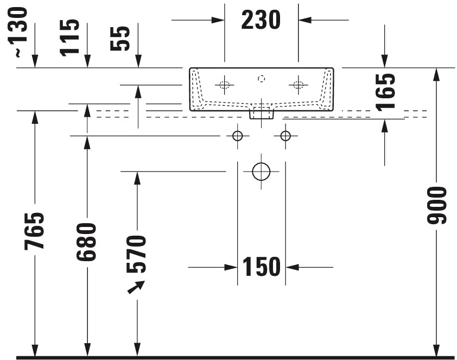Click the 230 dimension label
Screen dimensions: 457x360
[261, 20]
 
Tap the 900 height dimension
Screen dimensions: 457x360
[436, 205]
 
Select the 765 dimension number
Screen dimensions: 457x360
[34, 231]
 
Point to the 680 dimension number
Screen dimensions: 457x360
[86, 242]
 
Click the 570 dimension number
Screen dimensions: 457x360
[136, 254]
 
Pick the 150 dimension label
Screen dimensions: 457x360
[262, 267]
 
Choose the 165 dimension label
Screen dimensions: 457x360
[385, 92]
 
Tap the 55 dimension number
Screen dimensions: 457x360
[120, 39]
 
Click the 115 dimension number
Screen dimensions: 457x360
[69, 37]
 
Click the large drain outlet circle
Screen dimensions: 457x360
[261, 172]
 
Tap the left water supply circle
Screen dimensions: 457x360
[238, 136]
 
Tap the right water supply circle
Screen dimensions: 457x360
[285, 136]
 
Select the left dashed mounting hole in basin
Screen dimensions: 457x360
[224, 85]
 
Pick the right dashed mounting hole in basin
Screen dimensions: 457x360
[298, 85]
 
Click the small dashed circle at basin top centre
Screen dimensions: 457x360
[262, 78]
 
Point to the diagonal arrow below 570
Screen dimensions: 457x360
[136, 287]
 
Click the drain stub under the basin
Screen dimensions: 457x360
[262, 115]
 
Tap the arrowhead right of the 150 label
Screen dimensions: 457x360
[293, 267]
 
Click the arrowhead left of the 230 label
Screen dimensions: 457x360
[218, 20]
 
